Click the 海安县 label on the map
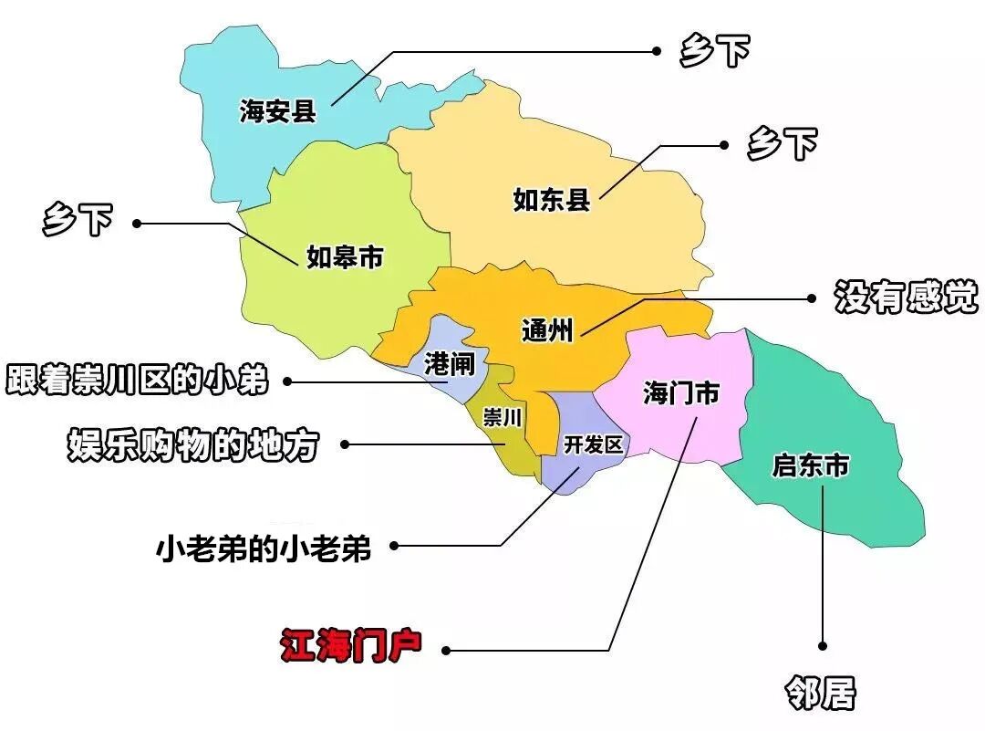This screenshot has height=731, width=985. pyautogui.click(x=278, y=111)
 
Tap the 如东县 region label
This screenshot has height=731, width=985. pyautogui.click(x=552, y=199)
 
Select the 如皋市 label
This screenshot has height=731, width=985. pyautogui.click(x=344, y=258)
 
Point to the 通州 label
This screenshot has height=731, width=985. pyautogui.click(x=547, y=329)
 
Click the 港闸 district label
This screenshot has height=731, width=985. pyautogui.click(x=450, y=364)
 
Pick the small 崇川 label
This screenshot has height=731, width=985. pyautogui.click(x=502, y=418)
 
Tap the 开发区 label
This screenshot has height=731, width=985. pyautogui.click(x=593, y=444)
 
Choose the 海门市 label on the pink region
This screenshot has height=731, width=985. pyautogui.click(x=680, y=393)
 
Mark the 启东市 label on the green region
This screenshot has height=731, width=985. pyautogui.click(x=810, y=466)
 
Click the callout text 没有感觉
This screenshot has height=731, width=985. pyautogui.click(x=906, y=297)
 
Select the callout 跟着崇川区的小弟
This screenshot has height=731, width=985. pyautogui.click(x=138, y=379)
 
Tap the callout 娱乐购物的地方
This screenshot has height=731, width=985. pyautogui.click(x=193, y=444)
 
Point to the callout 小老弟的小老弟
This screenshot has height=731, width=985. pyautogui.click(x=264, y=548)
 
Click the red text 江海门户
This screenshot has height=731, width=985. pyautogui.click(x=350, y=646)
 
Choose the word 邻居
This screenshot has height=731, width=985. pyautogui.click(x=821, y=694)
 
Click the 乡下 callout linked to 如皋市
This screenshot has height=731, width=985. pyautogui.click(x=78, y=221)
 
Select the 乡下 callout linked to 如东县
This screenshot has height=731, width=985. pyautogui.click(x=782, y=143)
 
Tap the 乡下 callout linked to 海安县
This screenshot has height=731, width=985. pyautogui.click(x=714, y=51)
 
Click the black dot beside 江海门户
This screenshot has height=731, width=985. pyautogui.click(x=446, y=651)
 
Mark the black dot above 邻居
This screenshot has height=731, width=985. pyautogui.click(x=823, y=645)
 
